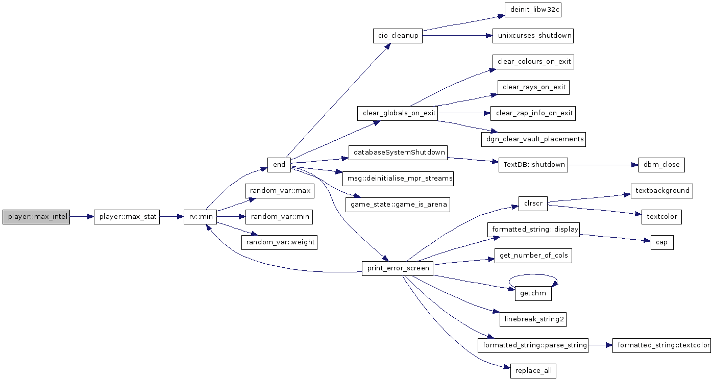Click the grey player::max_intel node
pyautogui.click(x=36, y=217)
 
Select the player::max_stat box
pyautogui.click(x=127, y=217)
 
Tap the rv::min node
pyautogui.click(x=200, y=217)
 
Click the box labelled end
pyautogui.click(x=279, y=165)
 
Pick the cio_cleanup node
pyautogui.click(x=398, y=36)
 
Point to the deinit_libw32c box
pyautogui.click(x=533, y=10)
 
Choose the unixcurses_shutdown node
pyautogui.click(x=533, y=36)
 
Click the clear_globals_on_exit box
pyautogui.click(x=398, y=113)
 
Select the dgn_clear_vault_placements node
pyautogui.click(x=533, y=139)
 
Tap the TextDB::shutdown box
pyautogui.click(x=533, y=165)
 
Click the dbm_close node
pyautogui.click(x=661, y=165)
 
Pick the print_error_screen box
pyautogui.click(x=398, y=268)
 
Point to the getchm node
pyautogui.click(x=533, y=293)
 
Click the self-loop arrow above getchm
pyautogui.click(x=533, y=274)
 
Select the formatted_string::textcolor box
pyautogui.click(x=662, y=345)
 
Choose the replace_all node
pyautogui.click(x=533, y=371)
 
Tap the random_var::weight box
pyautogui.click(x=280, y=243)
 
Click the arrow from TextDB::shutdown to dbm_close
pyautogui.click(x=603, y=165)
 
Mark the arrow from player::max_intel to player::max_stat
pyautogui.click(x=82, y=217)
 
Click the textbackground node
pyautogui.click(x=662, y=191)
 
